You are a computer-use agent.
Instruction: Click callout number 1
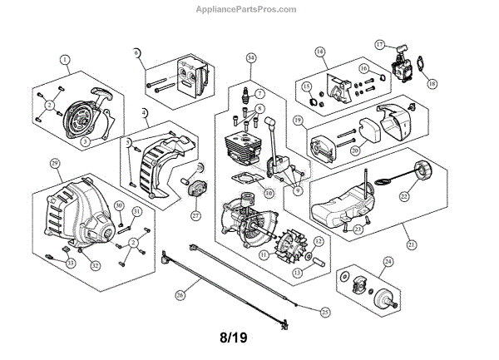point(65,60)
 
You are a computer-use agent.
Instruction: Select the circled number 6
point(138,53)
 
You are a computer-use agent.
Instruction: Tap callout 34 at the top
point(251,57)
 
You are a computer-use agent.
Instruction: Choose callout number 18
point(431,83)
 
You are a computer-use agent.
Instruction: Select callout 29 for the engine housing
point(55,163)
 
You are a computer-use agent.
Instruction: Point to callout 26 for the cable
point(180,293)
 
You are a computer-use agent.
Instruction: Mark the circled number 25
point(324,310)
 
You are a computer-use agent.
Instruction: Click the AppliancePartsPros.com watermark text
point(249,10)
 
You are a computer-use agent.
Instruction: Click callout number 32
point(96,265)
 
